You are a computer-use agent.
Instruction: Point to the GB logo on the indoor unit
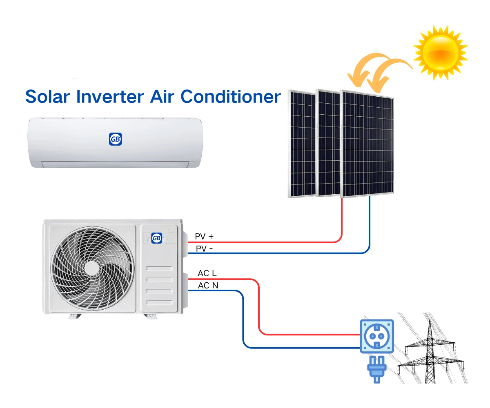tap(116, 139)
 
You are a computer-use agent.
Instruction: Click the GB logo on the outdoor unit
tap(157, 238)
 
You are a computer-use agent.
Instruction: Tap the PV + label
tap(204, 236)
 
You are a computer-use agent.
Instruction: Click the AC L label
tap(207, 273)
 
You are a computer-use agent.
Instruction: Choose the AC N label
tap(208, 286)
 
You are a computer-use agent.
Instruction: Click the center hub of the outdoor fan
tap(91, 268)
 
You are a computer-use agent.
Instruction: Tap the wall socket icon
tap(376, 336)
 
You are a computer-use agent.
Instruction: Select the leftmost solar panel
tap(303, 145)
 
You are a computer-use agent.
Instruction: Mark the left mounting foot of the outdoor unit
tap(74, 316)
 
